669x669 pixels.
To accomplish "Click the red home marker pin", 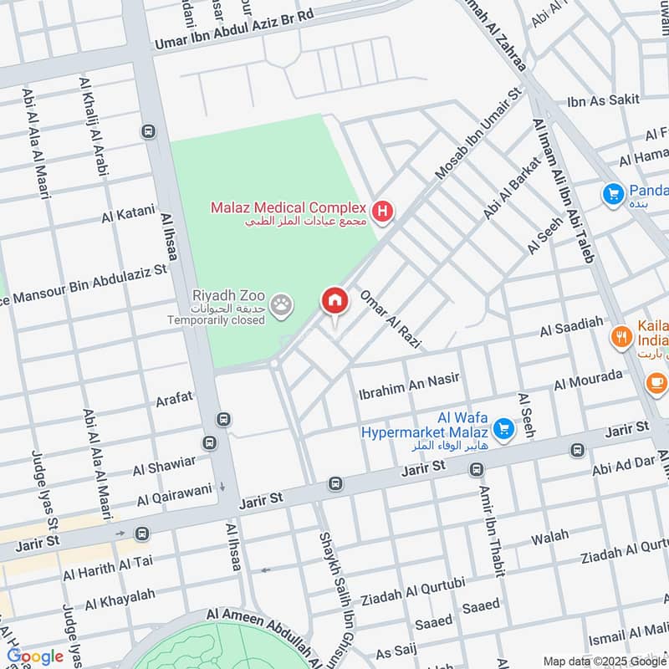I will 334,301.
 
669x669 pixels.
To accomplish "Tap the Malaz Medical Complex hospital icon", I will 383,212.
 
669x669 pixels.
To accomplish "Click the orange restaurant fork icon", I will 620,338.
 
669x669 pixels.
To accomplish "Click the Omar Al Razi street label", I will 390,319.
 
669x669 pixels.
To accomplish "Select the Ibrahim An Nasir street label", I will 409,380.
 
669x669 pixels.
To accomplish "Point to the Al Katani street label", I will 127,214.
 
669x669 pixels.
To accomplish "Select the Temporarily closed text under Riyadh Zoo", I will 216,320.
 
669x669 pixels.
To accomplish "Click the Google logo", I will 35,656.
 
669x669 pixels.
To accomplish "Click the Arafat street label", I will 174,399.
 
